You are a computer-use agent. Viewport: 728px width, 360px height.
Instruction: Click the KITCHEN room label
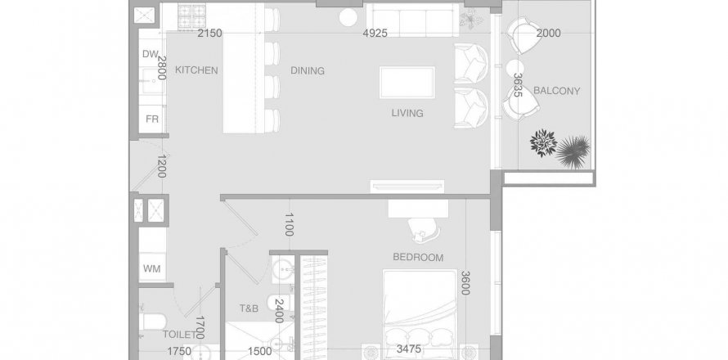pyautogui.click(x=196, y=70)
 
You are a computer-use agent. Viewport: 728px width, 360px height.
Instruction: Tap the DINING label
pyautogui.click(x=308, y=70)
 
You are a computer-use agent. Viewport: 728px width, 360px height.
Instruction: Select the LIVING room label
pyautogui.click(x=407, y=113)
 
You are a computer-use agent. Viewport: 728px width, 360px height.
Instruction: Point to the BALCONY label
pyautogui.click(x=557, y=91)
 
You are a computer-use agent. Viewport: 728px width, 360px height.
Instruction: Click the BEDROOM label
pyautogui.click(x=418, y=257)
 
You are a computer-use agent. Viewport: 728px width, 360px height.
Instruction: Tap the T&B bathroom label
pyautogui.click(x=249, y=308)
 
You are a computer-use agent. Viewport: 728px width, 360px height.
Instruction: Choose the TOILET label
pyautogui.click(x=179, y=334)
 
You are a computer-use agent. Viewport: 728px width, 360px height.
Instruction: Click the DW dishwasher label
pyautogui.click(x=150, y=54)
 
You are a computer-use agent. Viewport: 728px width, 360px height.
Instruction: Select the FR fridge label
pyautogui.click(x=152, y=119)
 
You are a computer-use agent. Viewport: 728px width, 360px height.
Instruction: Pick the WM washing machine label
pyautogui.click(x=152, y=268)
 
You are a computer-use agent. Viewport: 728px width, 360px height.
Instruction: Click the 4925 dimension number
pyautogui.click(x=375, y=33)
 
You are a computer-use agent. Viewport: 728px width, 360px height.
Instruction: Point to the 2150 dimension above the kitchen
pyautogui.click(x=210, y=33)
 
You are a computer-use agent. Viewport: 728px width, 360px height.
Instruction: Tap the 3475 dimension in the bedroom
pyautogui.click(x=408, y=349)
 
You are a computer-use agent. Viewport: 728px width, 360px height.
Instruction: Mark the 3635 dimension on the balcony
pyautogui.click(x=518, y=85)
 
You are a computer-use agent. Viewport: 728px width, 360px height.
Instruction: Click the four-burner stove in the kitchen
pyautogui.click(x=191, y=16)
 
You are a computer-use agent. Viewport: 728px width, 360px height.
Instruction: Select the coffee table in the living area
pyautogui.click(x=407, y=82)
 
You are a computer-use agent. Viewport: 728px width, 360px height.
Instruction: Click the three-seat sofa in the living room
pyautogui.click(x=412, y=20)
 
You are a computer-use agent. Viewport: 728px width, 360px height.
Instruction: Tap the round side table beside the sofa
pyautogui.click(x=348, y=18)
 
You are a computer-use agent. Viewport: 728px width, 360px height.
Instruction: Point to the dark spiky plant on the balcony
pyautogui.click(x=573, y=151)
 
